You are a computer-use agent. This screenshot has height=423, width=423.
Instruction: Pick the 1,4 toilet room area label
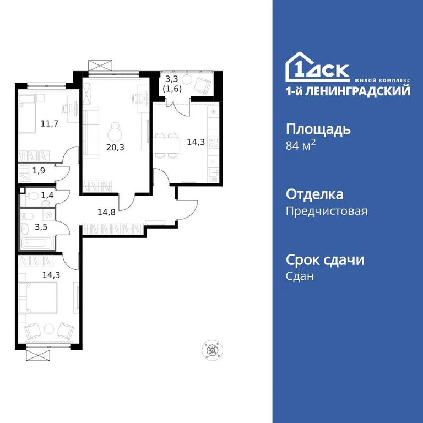(x=47, y=194)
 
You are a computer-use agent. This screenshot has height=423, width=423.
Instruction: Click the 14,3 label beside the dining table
(x=195, y=141)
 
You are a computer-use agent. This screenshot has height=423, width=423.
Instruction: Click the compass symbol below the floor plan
(x=213, y=350)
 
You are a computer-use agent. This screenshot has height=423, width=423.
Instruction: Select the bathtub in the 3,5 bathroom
(x=36, y=241)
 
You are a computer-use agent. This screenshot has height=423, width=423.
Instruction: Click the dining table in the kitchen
(x=169, y=145)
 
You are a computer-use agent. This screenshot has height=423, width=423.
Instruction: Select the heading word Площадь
(x=318, y=130)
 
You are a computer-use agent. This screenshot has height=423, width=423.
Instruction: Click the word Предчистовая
(x=327, y=211)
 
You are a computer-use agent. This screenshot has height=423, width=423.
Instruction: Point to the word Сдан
(x=300, y=276)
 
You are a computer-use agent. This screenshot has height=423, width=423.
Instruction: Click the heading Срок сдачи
(x=325, y=260)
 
